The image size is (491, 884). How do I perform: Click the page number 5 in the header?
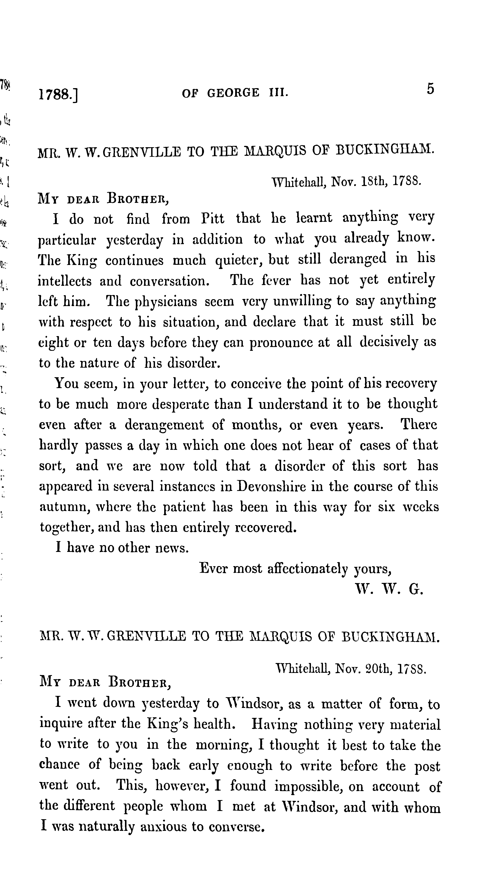[430, 90]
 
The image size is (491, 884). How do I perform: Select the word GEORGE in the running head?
[233, 93]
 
